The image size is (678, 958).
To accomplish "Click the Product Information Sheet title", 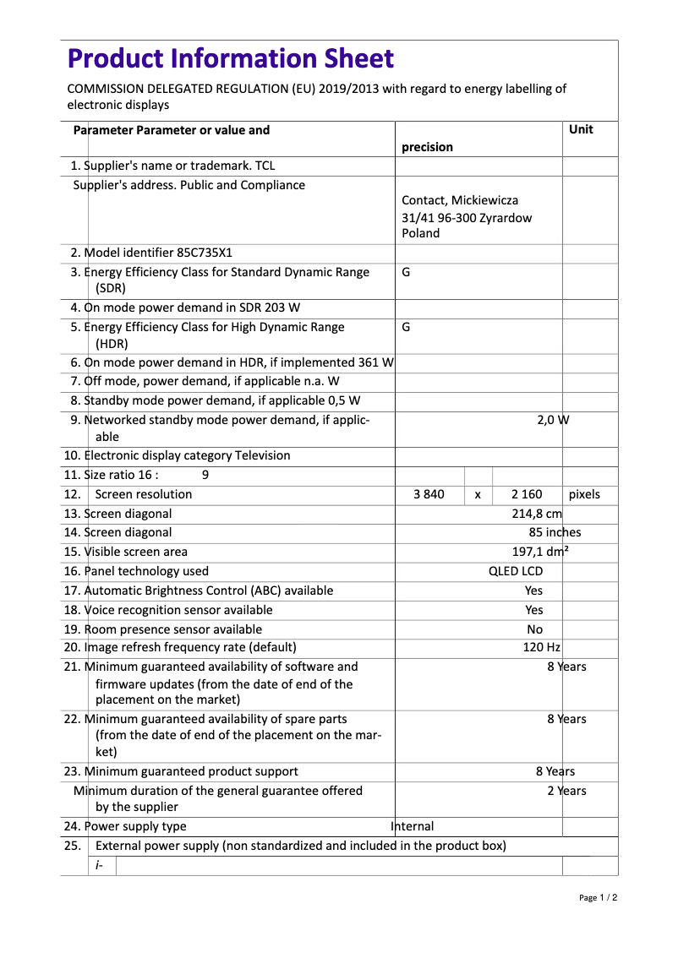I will (x=230, y=58).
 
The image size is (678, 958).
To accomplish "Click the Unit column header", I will (x=581, y=129).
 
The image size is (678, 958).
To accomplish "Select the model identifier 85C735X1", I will (x=205, y=253).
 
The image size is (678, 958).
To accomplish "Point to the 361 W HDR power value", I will (x=376, y=362).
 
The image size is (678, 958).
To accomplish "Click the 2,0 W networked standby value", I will (x=553, y=420).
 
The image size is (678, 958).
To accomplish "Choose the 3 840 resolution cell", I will (x=429, y=494).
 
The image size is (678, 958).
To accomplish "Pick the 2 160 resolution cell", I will (x=528, y=494).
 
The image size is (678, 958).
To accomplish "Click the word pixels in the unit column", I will (x=584, y=494).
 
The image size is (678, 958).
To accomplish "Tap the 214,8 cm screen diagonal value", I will (x=537, y=514).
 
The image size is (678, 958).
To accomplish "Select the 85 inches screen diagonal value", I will (x=555, y=532).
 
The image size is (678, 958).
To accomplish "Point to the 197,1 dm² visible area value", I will (x=540, y=552).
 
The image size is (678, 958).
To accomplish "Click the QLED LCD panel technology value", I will (x=516, y=571).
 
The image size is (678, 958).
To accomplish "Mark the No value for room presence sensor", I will (x=534, y=629).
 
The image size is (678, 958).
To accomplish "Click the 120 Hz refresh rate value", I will (x=541, y=648).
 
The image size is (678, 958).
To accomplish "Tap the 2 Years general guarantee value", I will (x=566, y=791).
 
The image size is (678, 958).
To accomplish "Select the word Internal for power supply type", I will (x=413, y=826).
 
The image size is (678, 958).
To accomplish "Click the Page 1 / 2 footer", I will (x=598, y=897).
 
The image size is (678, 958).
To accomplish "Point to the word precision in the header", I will (x=427, y=147).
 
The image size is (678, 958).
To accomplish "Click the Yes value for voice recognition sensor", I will (x=533, y=610).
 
